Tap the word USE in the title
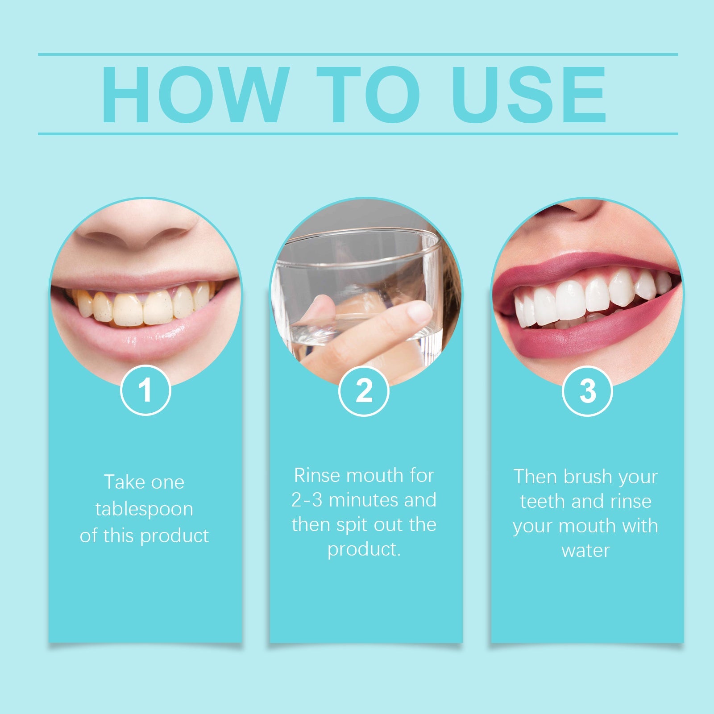tap(529, 95)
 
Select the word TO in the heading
tap(369, 95)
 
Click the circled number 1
tap(145, 390)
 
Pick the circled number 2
tap(364, 391)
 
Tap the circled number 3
tap(587, 391)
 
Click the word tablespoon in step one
tap(144, 509)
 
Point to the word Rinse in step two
tap(317, 476)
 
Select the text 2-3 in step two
tap(307, 500)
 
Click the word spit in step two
tap(353, 525)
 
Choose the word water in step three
tap(585, 551)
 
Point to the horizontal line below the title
tap(357, 133)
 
